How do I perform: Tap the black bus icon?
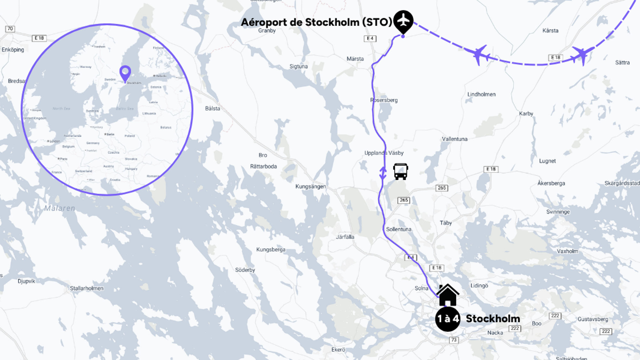(x=400, y=171)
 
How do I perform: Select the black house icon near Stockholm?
(x=448, y=295)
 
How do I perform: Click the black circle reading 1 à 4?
(x=448, y=319)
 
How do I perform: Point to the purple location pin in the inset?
(x=125, y=73)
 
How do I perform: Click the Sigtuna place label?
(x=299, y=67)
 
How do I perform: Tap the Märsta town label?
(x=355, y=59)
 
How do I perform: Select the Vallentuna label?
(x=455, y=139)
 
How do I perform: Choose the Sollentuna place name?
(x=399, y=229)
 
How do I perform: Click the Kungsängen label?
(x=311, y=187)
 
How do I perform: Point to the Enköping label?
(x=13, y=50)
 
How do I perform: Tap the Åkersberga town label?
(x=551, y=183)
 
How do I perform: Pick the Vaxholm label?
(x=567, y=251)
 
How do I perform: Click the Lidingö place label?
(x=479, y=285)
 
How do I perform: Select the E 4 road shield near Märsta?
(x=370, y=38)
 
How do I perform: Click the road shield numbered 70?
(x=10, y=29)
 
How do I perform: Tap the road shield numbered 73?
(x=454, y=340)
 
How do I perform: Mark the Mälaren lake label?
(x=60, y=208)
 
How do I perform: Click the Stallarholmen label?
(x=87, y=288)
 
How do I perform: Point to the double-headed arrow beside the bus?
(x=383, y=173)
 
